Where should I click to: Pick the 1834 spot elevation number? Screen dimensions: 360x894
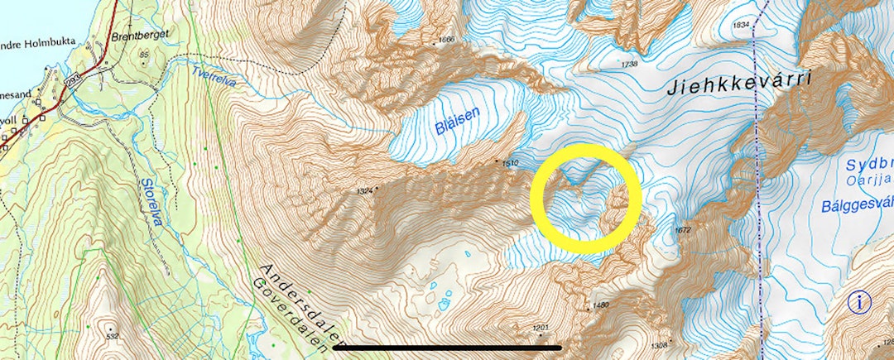[x=741, y=25]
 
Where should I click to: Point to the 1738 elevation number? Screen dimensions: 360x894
[x=630, y=64]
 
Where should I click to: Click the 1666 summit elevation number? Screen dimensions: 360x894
[x=447, y=40]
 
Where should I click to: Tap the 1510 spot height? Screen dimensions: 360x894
[x=509, y=164]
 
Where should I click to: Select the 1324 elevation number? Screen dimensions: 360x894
[x=364, y=191]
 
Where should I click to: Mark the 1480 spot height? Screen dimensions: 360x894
[x=601, y=305]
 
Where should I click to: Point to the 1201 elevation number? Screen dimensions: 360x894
[x=540, y=329]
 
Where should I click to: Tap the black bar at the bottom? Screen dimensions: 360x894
[x=447, y=348]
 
